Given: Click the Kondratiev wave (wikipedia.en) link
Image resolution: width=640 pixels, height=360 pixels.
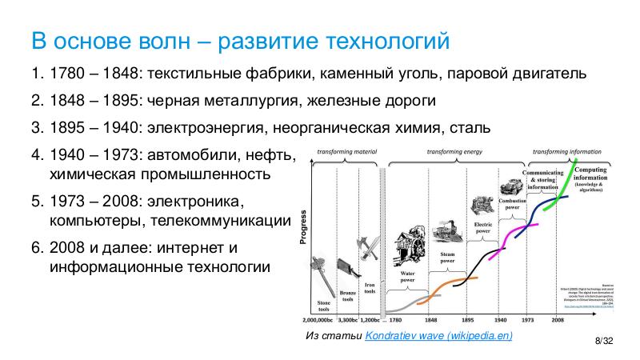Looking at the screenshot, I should [x=438, y=336].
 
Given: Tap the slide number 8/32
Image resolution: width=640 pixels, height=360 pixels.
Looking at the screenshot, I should [x=602, y=342].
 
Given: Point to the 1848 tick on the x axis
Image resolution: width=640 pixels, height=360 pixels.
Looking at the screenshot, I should [x=430, y=318].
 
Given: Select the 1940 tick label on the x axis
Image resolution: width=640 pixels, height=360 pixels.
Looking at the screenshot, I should [x=501, y=318].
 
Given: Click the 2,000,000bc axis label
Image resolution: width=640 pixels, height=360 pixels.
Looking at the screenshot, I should [x=319, y=318].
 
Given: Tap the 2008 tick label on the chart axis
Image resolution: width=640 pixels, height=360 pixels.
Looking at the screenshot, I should [x=557, y=318].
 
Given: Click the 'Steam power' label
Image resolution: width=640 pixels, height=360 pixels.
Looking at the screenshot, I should [x=447, y=256].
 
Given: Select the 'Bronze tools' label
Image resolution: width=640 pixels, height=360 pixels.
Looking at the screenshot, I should [x=347, y=296].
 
